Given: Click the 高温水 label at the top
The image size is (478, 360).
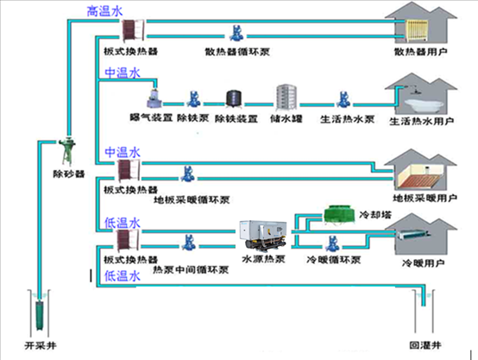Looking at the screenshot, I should pos(105,11).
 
